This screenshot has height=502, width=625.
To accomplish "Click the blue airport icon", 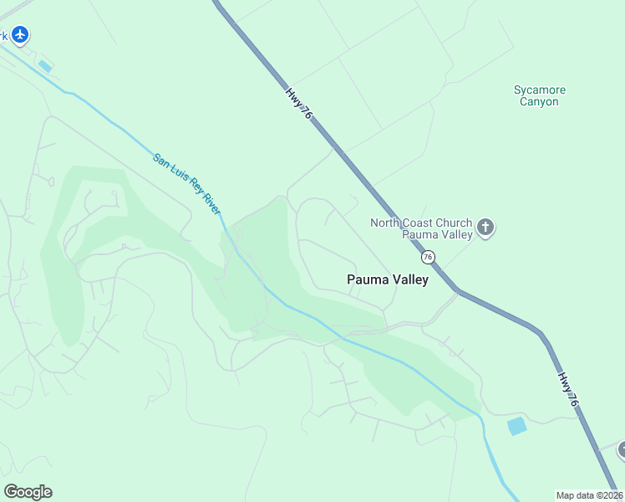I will tap(20, 34).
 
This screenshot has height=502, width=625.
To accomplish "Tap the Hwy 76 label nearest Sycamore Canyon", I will tap(298, 105).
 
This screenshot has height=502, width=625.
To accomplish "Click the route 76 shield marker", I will tap(428, 257).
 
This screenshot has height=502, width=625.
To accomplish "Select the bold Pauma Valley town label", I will tap(388, 279).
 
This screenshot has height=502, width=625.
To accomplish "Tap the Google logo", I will tap(28, 492).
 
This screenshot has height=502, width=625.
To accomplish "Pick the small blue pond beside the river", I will tap(517, 426).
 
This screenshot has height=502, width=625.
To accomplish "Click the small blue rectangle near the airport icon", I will tap(45, 66).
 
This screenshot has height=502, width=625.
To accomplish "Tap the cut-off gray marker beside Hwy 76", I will tap(621, 451).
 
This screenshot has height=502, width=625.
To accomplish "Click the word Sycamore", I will tap(539, 90).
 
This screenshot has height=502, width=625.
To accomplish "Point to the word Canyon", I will tap(539, 101).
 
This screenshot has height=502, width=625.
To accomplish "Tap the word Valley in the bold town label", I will tap(409, 279).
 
